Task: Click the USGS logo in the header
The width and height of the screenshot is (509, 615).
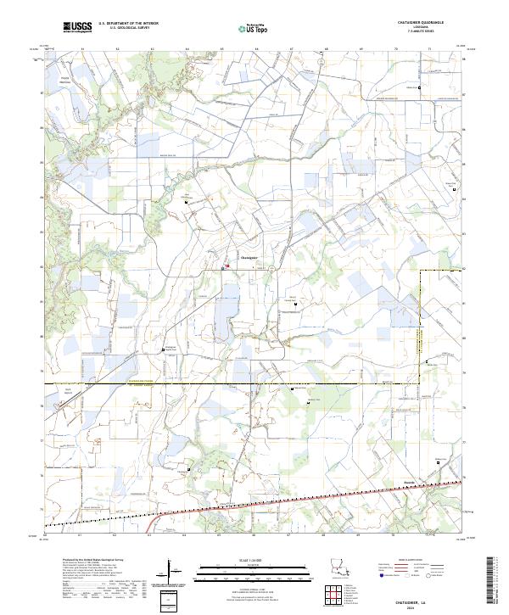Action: pos(76,28)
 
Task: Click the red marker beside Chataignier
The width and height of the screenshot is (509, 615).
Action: pos(227,265)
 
